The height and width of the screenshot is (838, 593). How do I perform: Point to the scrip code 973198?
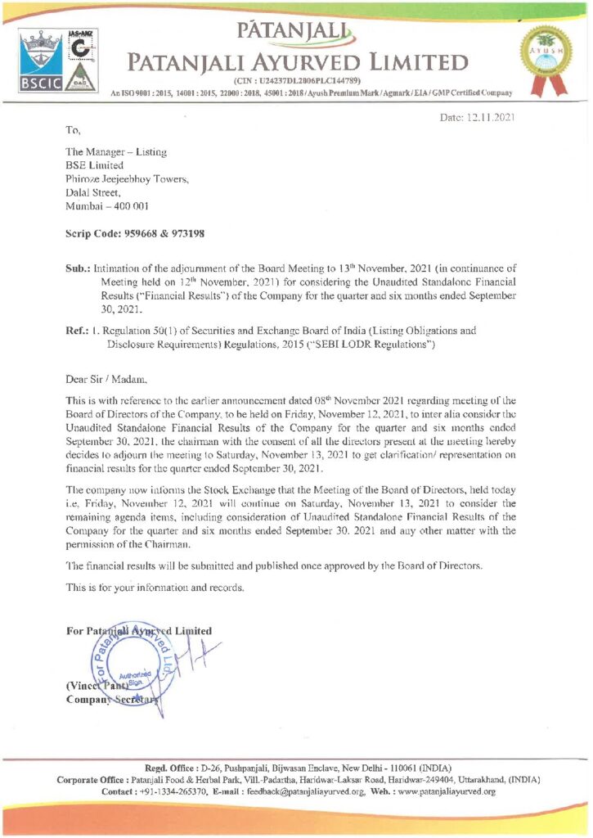pos(186,233)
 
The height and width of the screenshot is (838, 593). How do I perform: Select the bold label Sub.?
pos(78,267)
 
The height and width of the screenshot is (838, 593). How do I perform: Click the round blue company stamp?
pos(131,660)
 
